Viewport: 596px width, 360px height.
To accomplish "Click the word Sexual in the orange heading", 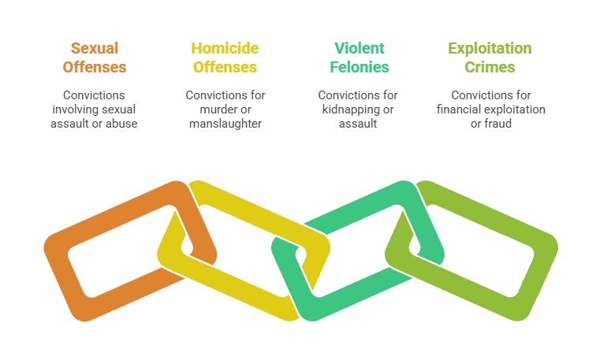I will point(95,49).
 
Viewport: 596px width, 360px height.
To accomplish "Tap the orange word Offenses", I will point(95,67).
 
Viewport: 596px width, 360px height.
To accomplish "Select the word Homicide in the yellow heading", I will point(225,49).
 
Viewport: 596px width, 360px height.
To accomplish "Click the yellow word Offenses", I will point(225,67).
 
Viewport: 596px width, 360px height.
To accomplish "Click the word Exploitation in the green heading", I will point(490,49).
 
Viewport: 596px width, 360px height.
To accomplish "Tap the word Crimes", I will point(490,67).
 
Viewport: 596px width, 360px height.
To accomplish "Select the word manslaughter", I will point(225,124).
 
